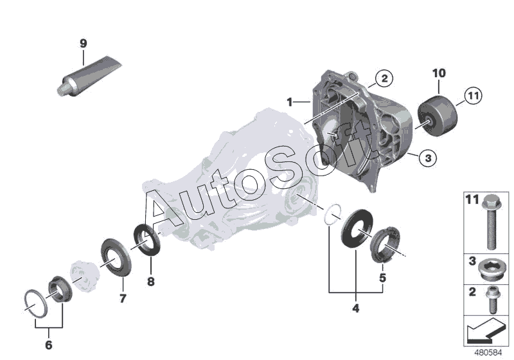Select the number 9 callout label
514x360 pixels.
[x=83, y=43]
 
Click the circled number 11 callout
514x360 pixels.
[x=472, y=97]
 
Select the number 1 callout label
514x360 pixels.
[x=290, y=102]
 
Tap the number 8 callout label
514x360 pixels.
[x=151, y=280]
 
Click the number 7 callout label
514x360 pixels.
[x=122, y=298]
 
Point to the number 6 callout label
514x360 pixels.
[x=48, y=345]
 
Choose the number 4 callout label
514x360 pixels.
[x=355, y=308]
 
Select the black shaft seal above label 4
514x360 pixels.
[x=354, y=229]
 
